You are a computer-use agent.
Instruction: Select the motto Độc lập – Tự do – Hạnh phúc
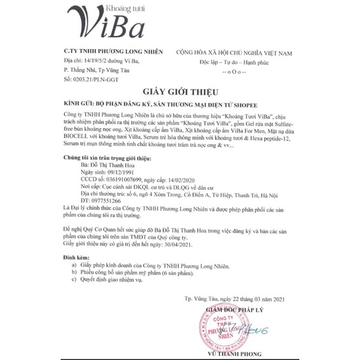click(243, 61)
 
